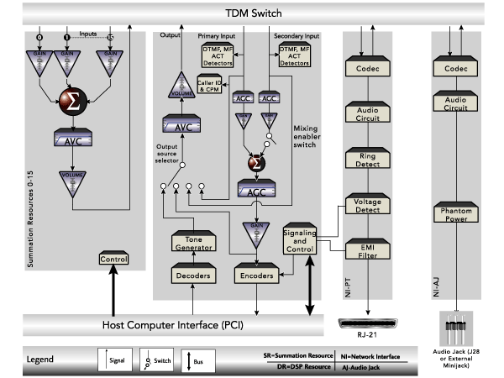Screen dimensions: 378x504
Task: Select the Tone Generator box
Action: tap(193, 243)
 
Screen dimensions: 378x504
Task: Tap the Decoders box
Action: tap(193, 274)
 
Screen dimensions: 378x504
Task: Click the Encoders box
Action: tap(255, 274)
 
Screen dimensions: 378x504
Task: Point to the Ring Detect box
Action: tap(368, 160)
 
